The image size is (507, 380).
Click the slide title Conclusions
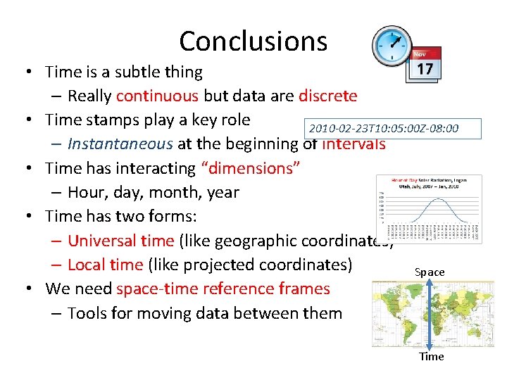(x=253, y=41)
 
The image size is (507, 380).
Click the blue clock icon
(x=392, y=45)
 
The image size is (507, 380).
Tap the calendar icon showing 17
(x=424, y=64)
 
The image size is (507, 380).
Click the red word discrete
(x=327, y=96)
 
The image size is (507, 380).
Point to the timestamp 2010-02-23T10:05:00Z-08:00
(x=384, y=129)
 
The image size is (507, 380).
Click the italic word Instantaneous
(x=120, y=144)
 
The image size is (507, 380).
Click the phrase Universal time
(x=120, y=241)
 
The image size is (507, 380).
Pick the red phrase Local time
(x=106, y=265)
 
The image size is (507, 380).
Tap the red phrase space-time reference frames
(x=223, y=289)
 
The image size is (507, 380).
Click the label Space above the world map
(x=430, y=272)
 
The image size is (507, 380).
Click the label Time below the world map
(x=432, y=357)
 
